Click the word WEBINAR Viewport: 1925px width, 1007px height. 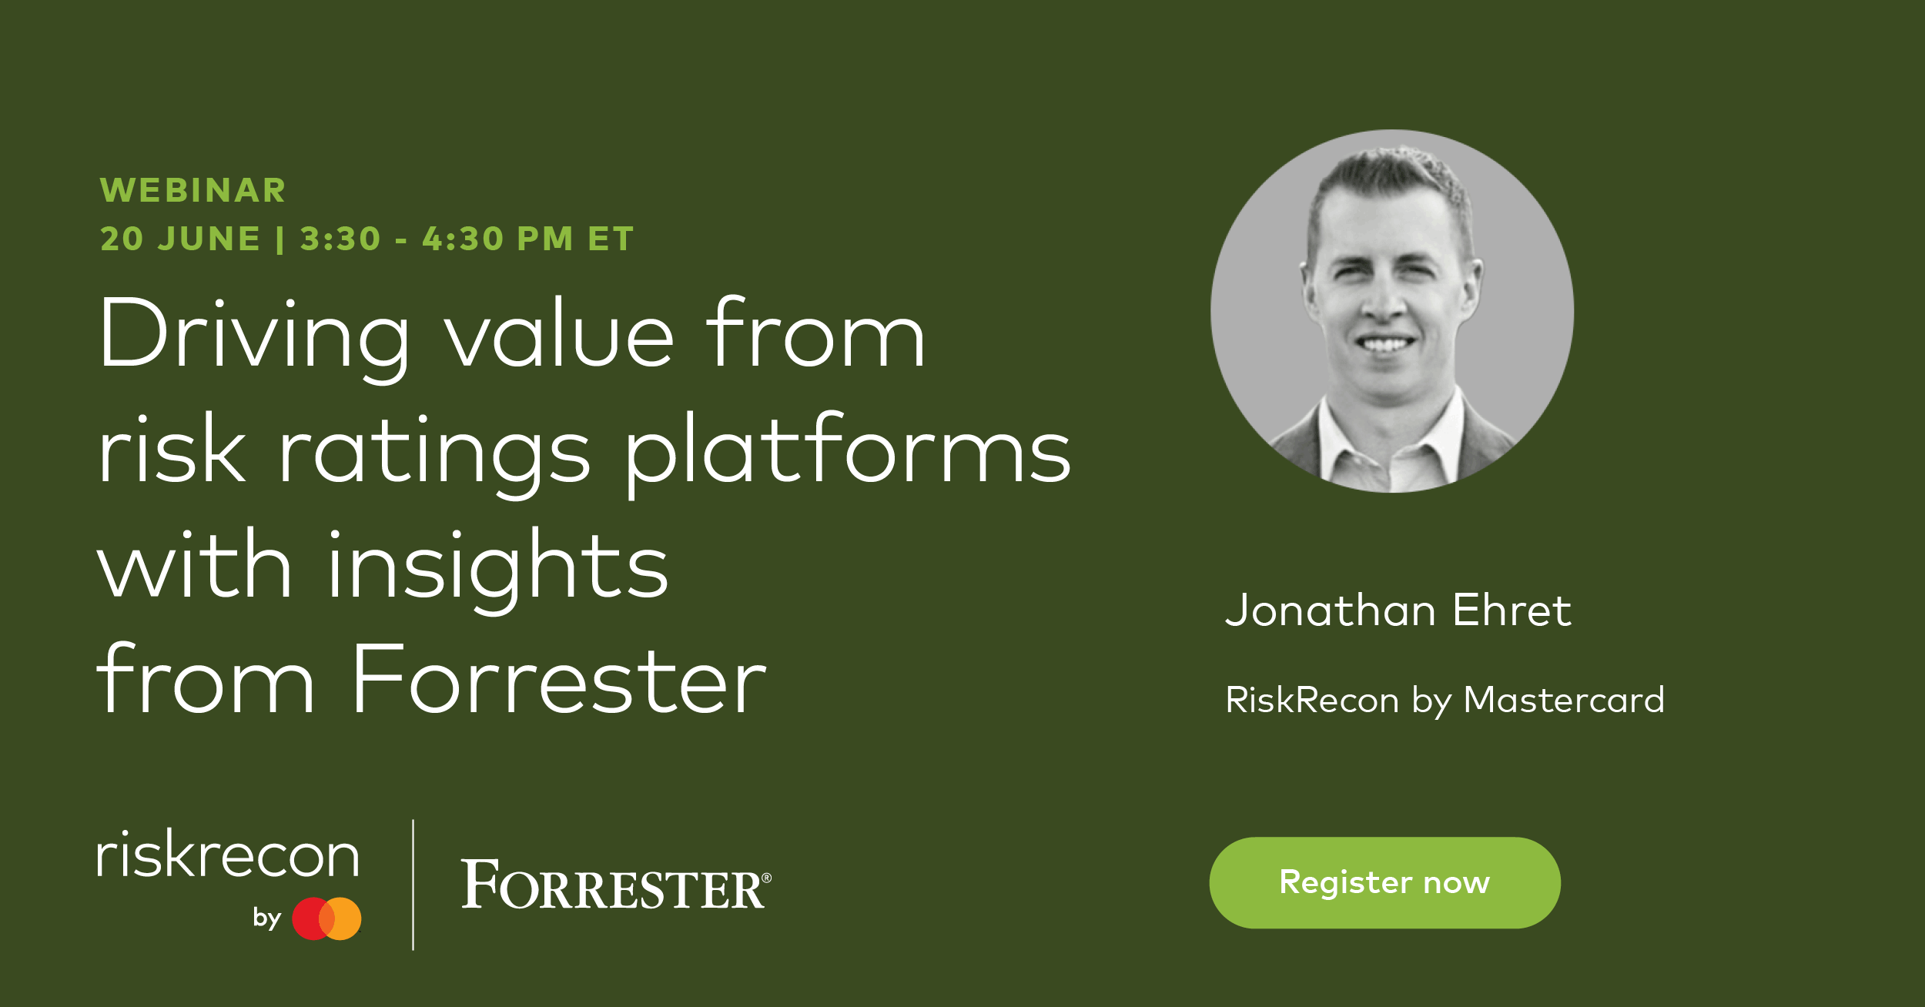[x=192, y=190]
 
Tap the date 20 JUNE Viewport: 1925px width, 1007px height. [x=180, y=239]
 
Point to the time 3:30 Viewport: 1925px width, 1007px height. [x=340, y=239]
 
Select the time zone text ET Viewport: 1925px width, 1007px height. [x=611, y=239]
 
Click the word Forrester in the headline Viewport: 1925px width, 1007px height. [x=559, y=682]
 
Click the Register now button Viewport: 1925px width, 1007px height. [x=1384, y=882]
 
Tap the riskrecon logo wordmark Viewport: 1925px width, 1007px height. [x=228, y=855]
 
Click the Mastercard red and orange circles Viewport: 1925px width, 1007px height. [x=326, y=918]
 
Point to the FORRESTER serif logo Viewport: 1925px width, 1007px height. [x=615, y=885]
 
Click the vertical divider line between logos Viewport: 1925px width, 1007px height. [x=413, y=885]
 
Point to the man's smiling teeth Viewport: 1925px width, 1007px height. [x=1385, y=343]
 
